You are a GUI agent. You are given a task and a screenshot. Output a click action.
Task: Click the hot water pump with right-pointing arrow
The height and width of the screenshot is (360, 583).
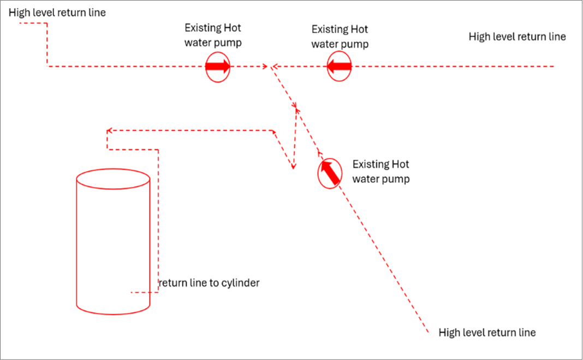point(218,67)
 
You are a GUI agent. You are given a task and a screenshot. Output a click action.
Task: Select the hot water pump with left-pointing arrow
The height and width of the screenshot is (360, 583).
point(339,67)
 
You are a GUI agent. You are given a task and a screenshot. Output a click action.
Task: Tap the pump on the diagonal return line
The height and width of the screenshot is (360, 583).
point(330,173)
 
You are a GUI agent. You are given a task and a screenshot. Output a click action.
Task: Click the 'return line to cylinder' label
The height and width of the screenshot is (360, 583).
point(209,283)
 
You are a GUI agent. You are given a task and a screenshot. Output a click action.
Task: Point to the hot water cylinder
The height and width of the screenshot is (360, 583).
point(113,242)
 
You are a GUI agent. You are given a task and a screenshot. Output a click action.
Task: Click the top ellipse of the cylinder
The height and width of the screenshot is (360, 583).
point(113,170)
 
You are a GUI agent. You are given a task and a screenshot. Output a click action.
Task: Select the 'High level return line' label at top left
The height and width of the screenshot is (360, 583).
point(57,13)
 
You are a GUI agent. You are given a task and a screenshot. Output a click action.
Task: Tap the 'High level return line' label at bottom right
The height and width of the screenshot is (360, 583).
point(487,333)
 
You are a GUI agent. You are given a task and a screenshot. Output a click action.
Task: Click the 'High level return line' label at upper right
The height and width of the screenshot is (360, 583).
point(517,37)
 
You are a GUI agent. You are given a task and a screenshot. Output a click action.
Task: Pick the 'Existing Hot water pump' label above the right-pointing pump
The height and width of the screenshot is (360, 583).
point(213,35)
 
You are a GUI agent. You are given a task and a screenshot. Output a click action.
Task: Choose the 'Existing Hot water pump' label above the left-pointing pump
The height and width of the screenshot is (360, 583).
point(340,37)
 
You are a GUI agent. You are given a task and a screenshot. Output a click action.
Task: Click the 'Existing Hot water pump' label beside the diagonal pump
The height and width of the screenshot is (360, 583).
point(381,172)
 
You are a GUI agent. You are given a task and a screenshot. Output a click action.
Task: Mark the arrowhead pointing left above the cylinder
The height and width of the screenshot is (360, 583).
point(109,131)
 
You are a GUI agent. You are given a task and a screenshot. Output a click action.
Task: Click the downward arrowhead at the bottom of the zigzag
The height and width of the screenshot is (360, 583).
point(293,166)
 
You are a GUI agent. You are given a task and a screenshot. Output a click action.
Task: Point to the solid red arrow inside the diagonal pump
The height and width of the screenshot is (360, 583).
point(330,172)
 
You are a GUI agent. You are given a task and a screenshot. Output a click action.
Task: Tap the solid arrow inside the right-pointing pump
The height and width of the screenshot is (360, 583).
point(218,67)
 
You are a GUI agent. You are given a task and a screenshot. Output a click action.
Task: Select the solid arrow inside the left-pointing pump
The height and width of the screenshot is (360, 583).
point(339,67)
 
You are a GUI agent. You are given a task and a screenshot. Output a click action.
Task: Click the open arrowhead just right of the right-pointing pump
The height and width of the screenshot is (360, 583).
point(265,67)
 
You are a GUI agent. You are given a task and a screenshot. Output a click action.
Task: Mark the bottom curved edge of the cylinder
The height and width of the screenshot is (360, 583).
point(113,314)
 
